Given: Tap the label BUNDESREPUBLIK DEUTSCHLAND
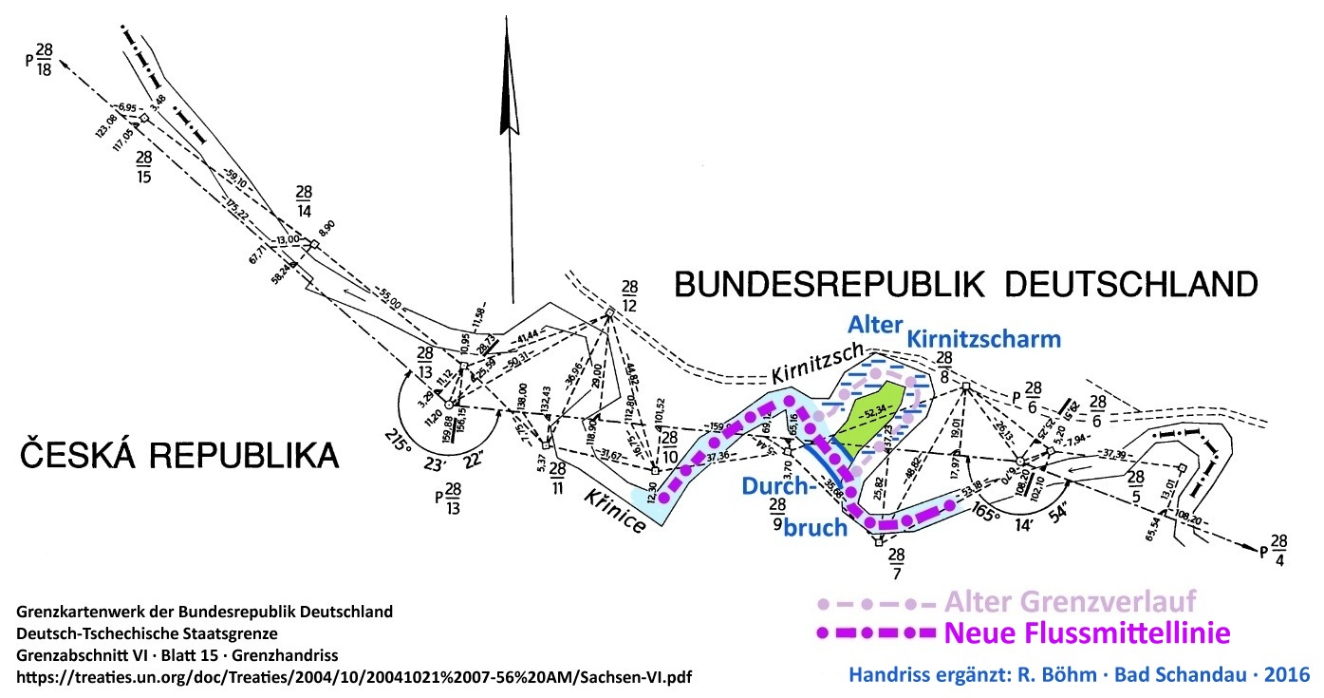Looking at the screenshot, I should coord(966,283).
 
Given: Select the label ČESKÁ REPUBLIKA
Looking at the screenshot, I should coord(179,455).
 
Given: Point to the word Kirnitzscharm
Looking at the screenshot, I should coord(984,339).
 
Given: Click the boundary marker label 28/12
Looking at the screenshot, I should coord(630,294).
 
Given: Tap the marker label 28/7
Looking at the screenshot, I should coord(895,561).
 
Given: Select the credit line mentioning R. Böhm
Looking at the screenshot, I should coord(1078,675).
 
